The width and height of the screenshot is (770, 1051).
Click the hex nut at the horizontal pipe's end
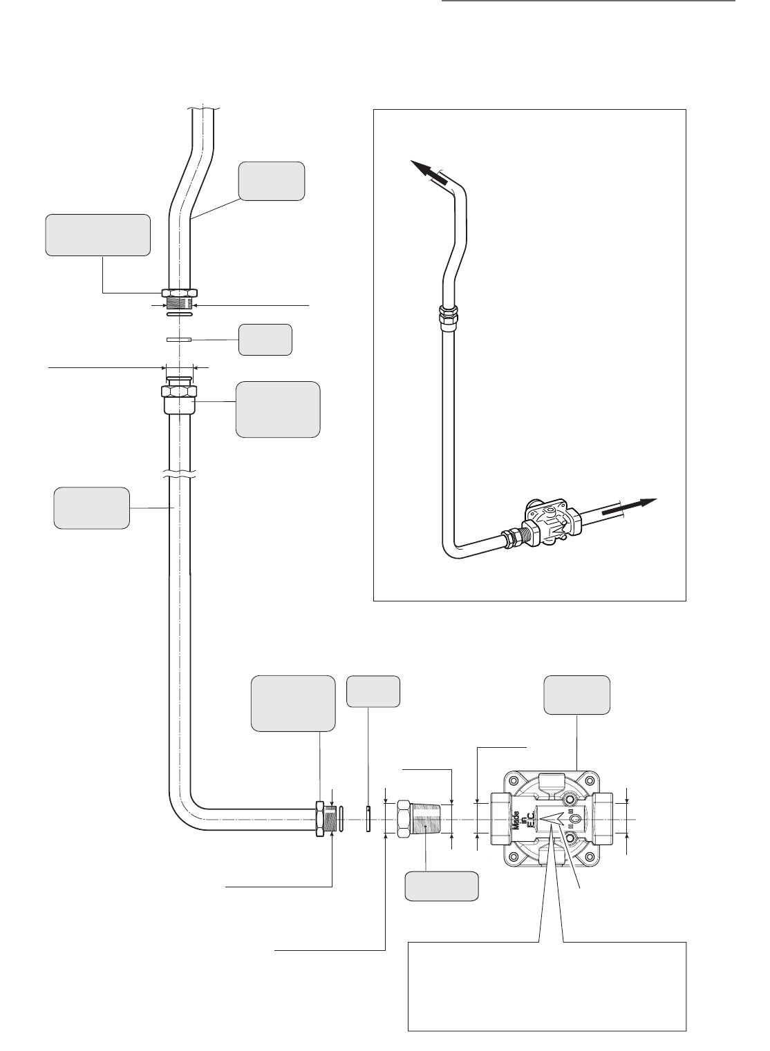click(321, 819)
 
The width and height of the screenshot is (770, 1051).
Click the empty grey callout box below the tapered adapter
click(442, 887)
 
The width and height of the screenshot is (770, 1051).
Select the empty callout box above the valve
click(577, 695)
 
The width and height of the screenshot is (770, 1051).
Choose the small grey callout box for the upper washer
click(265, 340)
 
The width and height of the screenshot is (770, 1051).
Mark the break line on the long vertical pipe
click(182, 475)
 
